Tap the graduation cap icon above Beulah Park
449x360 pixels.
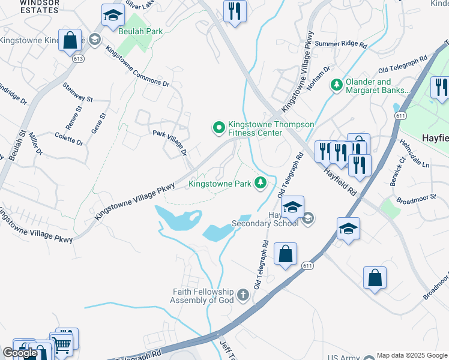click(112, 17)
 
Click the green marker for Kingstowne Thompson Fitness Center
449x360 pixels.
click(219, 127)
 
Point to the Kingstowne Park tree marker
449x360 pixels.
click(260, 182)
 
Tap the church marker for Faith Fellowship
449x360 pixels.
click(243, 295)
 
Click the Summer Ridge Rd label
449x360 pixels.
click(340, 44)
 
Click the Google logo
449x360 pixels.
click(20, 353)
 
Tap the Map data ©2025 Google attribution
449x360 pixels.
click(412, 355)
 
